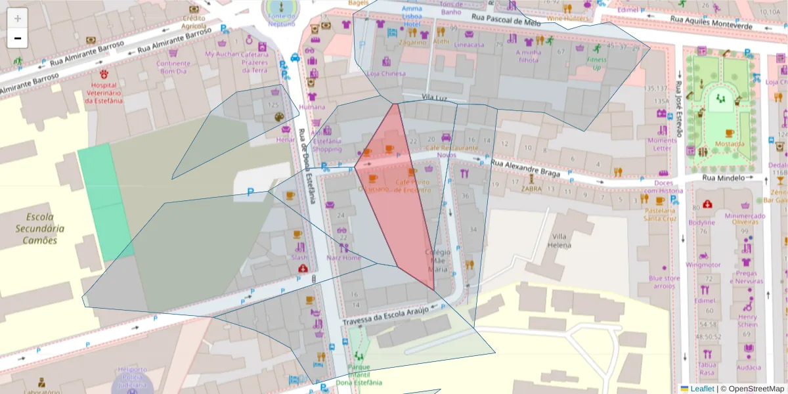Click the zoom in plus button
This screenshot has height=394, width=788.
[18, 18]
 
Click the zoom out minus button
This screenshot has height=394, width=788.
[18, 38]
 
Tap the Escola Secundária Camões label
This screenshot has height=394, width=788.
[40, 228]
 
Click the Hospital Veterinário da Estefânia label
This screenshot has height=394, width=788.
[104, 93]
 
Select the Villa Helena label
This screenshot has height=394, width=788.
[560, 241]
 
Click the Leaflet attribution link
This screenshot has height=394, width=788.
[701, 389]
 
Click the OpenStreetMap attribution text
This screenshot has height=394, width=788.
[753, 389]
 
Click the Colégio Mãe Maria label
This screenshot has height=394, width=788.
[438, 260]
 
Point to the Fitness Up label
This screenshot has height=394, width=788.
[597, 63]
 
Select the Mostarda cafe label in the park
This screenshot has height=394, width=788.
[730, 144]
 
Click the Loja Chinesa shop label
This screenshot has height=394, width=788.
[386, 74]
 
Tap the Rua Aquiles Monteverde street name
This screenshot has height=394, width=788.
[711, 23]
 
